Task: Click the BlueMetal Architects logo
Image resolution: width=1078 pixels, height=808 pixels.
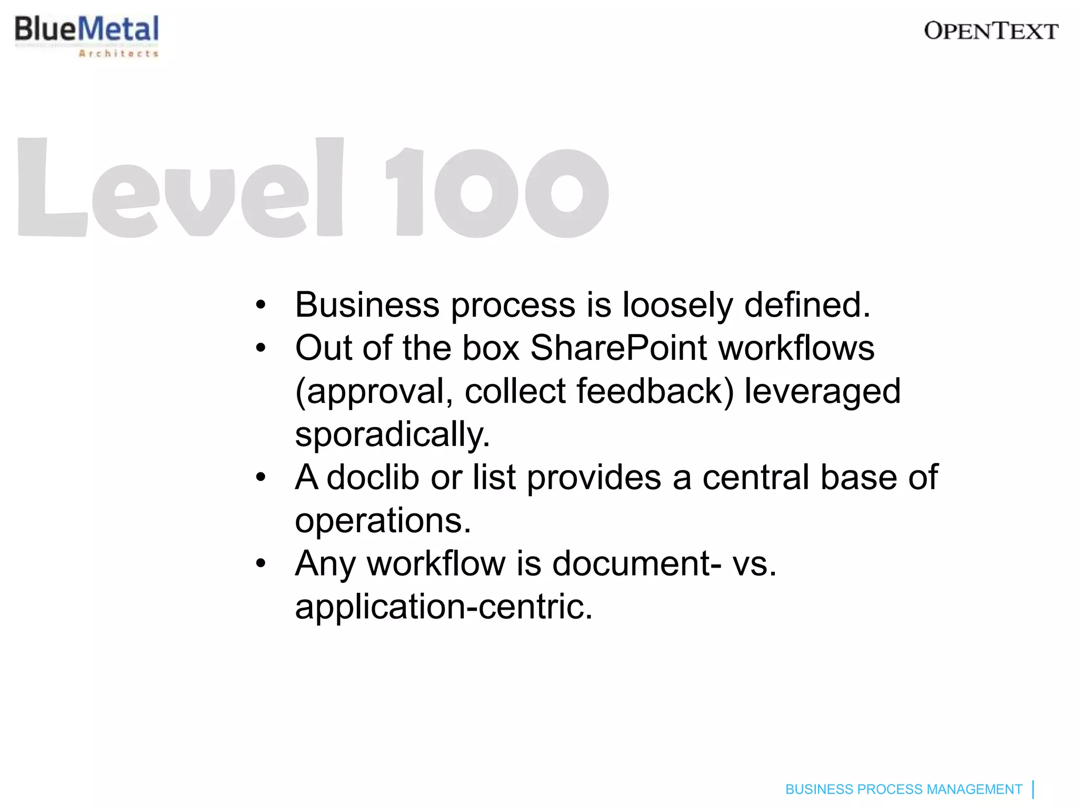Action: point(87,35)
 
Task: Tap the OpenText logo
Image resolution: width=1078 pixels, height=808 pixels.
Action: point(991,32)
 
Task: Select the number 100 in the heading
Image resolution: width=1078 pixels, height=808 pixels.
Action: point(497,191)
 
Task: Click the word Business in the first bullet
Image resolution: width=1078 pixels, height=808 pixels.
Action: point(367,305)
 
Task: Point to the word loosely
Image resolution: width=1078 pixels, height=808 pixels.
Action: point(677,305)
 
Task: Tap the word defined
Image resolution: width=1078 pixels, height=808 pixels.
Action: point(807,305)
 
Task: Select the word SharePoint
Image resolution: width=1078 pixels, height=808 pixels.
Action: point(619,348)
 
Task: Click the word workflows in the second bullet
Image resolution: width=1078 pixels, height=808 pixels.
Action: point(796,348)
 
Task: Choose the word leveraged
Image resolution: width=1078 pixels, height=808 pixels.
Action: point(822,392)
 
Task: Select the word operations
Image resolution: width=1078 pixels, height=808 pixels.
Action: point(383,521)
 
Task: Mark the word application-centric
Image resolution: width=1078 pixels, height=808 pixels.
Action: point(444,607)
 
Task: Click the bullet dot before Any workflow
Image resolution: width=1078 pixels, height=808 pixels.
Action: point(261,564)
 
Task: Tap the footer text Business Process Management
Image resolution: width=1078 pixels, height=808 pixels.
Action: point(903,789)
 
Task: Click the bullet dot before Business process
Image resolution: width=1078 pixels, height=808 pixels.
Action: point(261,305)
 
